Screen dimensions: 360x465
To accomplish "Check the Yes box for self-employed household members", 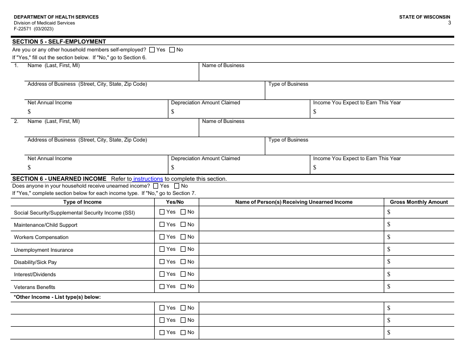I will click(152, 49).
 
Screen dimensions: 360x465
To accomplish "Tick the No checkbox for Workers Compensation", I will click(183, 237).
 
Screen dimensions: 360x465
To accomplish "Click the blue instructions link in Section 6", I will click(148, 179).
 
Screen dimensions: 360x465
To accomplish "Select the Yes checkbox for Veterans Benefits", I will click(163, 287).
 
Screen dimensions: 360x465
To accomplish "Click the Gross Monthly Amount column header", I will click(418, 202).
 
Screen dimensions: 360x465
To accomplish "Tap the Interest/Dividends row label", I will click(35, 274).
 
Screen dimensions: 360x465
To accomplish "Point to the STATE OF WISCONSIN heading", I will click(424, 17).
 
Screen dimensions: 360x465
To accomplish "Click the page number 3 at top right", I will click(449, 23).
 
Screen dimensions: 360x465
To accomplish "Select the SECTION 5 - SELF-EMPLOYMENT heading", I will click(59, 42).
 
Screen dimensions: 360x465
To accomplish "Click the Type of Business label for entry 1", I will click(288, 84).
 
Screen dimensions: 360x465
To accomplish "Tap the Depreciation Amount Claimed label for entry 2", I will click(206, 158).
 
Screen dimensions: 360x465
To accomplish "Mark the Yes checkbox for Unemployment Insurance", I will click(163, 249).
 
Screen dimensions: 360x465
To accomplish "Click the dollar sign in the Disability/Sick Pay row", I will click(389, 262).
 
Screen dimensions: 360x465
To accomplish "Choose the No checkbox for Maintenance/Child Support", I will click(183, 225).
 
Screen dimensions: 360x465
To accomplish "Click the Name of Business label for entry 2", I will click(223, 121).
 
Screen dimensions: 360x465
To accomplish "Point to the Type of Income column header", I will click(82, 202).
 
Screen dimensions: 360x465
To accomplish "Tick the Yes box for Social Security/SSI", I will click(163, 212).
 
